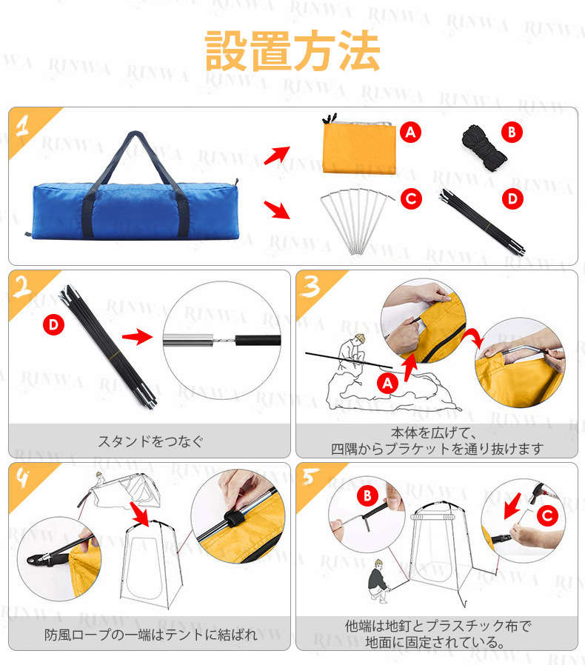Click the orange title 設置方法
[x=292, y=51]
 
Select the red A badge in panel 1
[x=410, y=133]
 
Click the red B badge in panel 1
[x=512, y=133]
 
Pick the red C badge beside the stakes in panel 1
[x=411, y=199]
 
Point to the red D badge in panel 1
[x=512, y=199]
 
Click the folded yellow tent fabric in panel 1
[x=359, y=147]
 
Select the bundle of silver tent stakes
[x=356, y=221]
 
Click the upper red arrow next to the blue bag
[x=277, y=156]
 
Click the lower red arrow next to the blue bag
[x=277, y=210]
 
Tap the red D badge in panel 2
[x=53, y=325]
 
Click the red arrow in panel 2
[x=137, y=337]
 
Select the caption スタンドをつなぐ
[x=150, y=441]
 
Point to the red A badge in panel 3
[x=388, y=384]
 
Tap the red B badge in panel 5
[x=368, y=495]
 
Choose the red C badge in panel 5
[x=547, y=515]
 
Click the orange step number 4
[x=22, y=477]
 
